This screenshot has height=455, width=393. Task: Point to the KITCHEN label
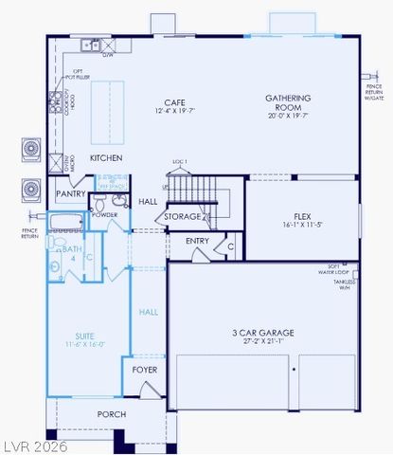(105, 158)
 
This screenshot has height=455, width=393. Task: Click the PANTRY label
(70, 193)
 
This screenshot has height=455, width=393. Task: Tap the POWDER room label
(104, 215)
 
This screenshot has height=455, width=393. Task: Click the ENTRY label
(197, 241)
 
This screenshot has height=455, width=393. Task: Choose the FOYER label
(144, 370)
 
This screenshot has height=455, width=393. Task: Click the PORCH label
(112, 414)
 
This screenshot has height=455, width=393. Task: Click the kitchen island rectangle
(108, 108)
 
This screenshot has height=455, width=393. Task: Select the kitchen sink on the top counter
(91, 44)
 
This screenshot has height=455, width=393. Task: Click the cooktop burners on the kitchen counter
(55, 99)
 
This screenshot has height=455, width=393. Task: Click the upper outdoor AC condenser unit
(29, 150)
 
